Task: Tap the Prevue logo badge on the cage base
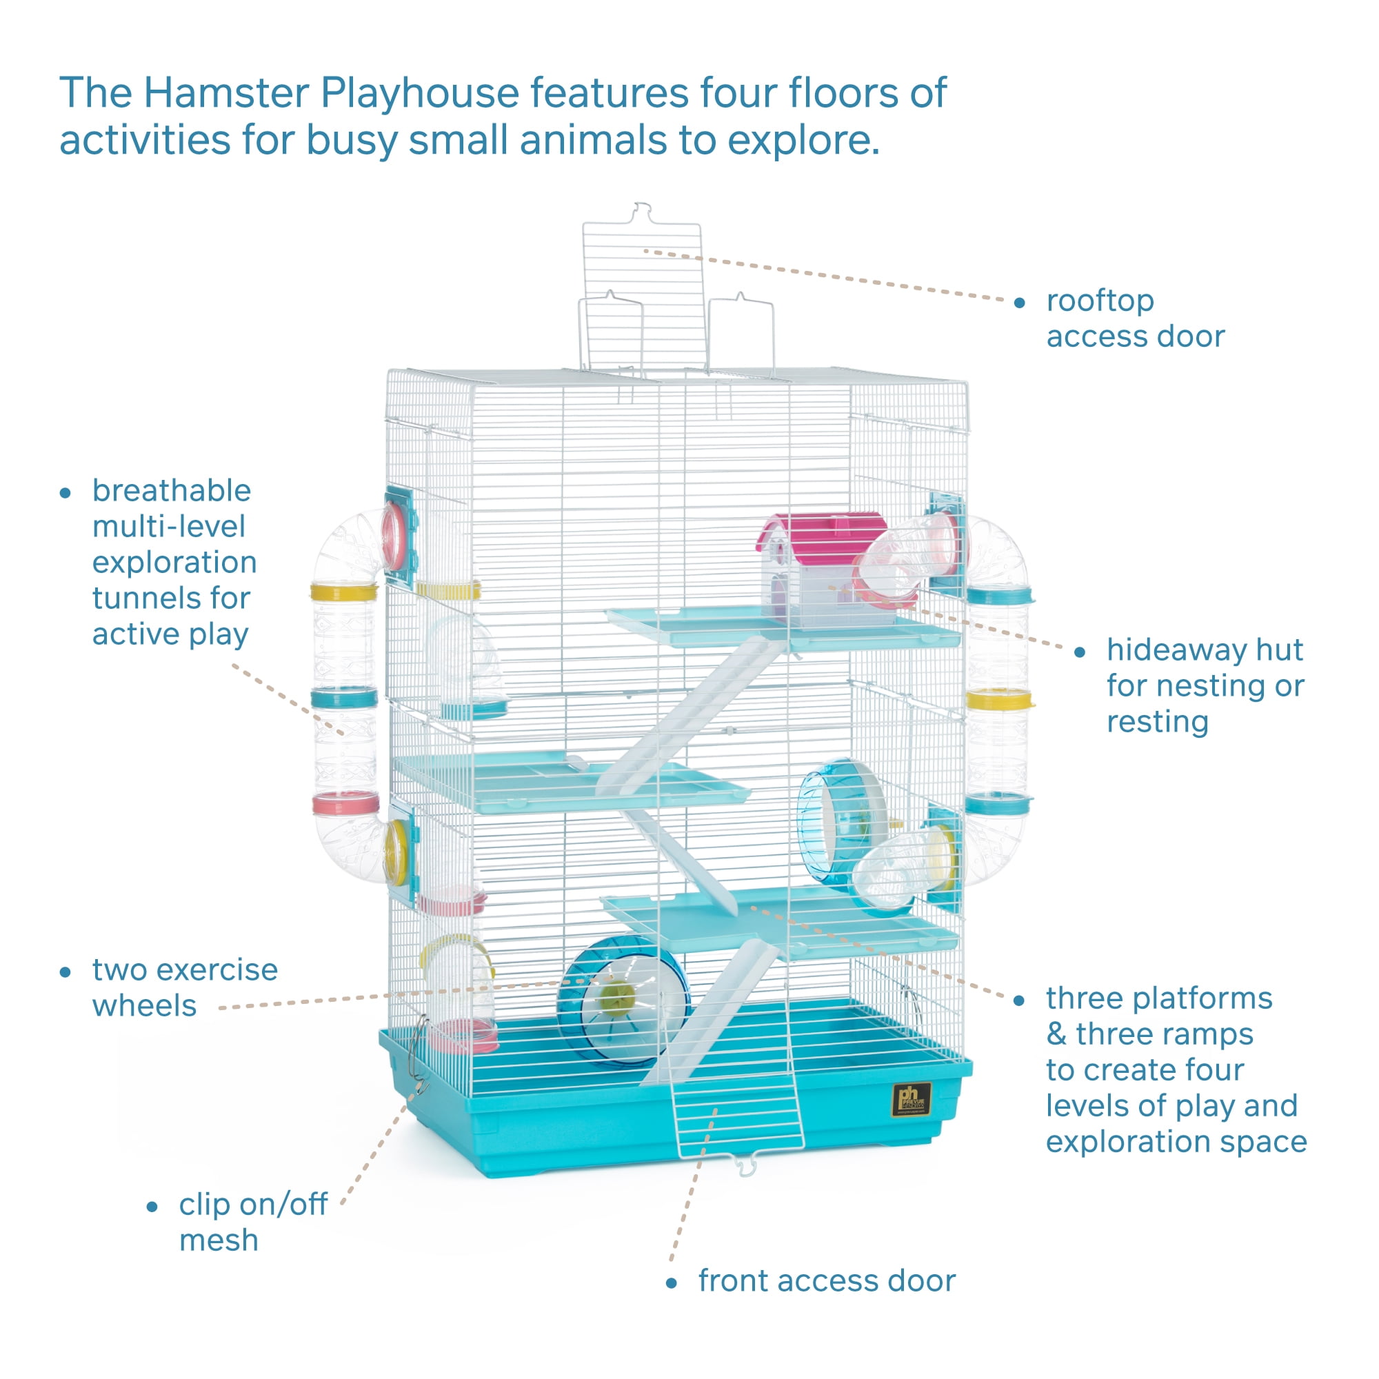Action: pyautogui.click(x=912, y=1100)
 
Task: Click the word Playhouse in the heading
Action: pyautogui.click(x=420, y=93)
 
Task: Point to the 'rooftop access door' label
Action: pyautogui.click(x=1135, y=319)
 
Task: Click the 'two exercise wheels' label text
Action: pyautogui.click(x=184, y=987)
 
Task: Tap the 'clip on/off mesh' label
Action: pyautogui.click(x=252, y=1222)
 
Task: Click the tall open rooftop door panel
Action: pyautogui.click(x=642, y=285)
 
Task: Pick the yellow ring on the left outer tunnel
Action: pyautogui.click(x=343, y=592)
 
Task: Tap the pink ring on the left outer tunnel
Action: pyautogui.click(x=345, y=805)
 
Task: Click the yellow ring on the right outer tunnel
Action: pyautogui.click(x=998, y=699)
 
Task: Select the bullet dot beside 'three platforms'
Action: pyautogui.click(x=1019, y=1000)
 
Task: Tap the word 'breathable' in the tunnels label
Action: pyautogui.click(x=171, y=491)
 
